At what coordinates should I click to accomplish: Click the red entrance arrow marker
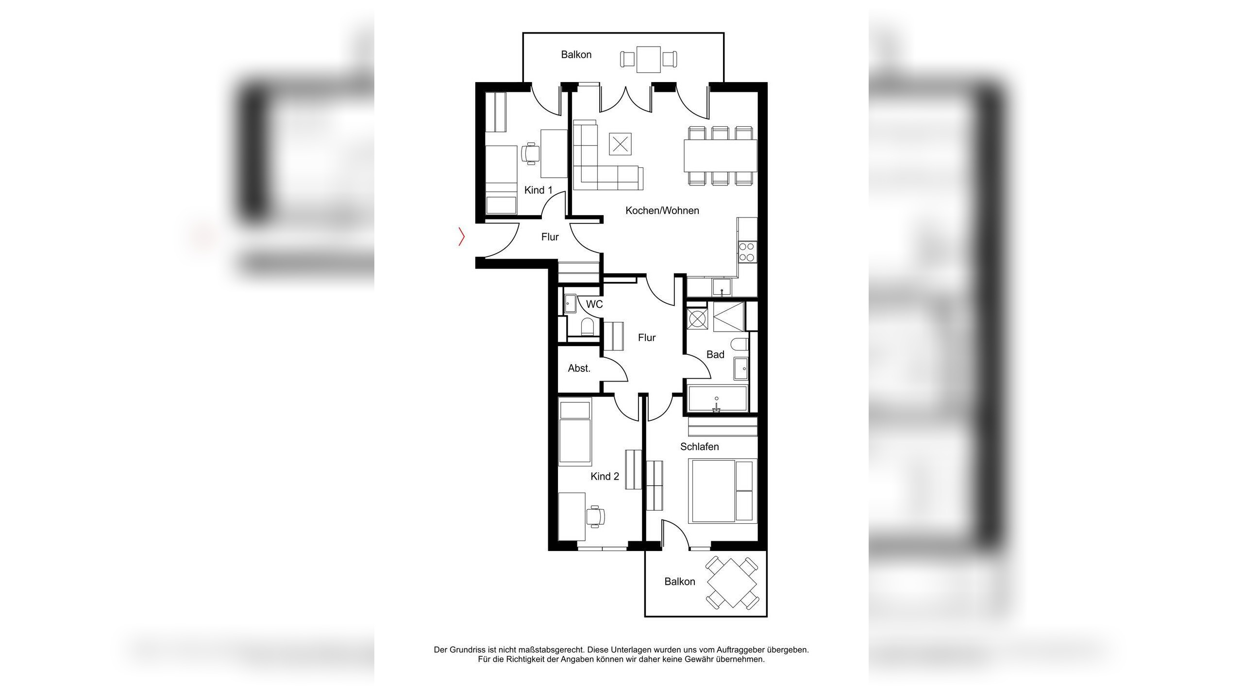[462, 236]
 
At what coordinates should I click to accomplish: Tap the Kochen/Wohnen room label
[662, 211]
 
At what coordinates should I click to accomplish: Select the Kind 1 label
[538, 190]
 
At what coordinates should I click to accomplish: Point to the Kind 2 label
[605, 477]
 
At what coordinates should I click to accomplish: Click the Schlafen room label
[700, 447]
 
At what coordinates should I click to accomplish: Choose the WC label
[594, 304]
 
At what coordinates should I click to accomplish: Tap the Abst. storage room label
[579, 368]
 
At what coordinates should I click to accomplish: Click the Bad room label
[715, 355]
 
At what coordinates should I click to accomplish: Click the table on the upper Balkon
[649, 59]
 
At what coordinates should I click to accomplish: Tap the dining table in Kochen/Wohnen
[721, 156]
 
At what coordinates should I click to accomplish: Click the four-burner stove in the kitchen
[747, 252]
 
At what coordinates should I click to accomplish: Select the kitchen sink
[722, 287]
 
